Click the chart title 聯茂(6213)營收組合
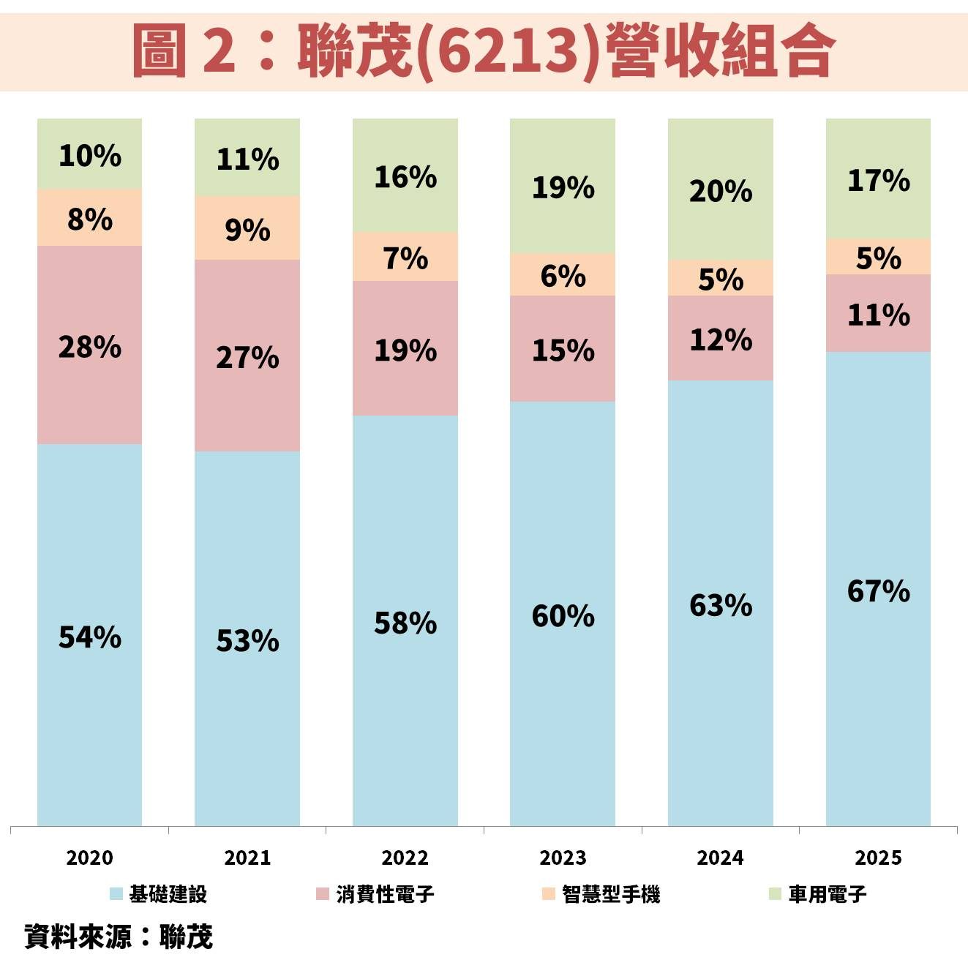(x=484, y=50)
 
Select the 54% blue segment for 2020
(x=89, y=635)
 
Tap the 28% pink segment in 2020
(x=89, y=345)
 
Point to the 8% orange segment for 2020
(x=89, y=218)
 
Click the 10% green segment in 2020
(x=89, y=154)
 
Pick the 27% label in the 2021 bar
(x=247, y=357)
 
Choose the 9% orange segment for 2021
(x=247, y=228)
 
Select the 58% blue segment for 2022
(x=405, y=622)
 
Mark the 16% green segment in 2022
(x=405, y=176)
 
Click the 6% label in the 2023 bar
(x=563, y=276)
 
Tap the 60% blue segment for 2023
(x=563, y=615)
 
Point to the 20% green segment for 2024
(x=720, y=190)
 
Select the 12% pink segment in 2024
(x=720, y=339)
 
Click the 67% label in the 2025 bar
(x=878, y=590)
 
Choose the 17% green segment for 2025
(x=878, y=179)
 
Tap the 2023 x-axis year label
(x=563, y=858)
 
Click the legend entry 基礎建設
(x=168, y=894)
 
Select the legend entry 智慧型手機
(x=610, y=894)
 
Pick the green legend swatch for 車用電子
(x=776, y=893)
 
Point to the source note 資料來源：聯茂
(x=119, y=937)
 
